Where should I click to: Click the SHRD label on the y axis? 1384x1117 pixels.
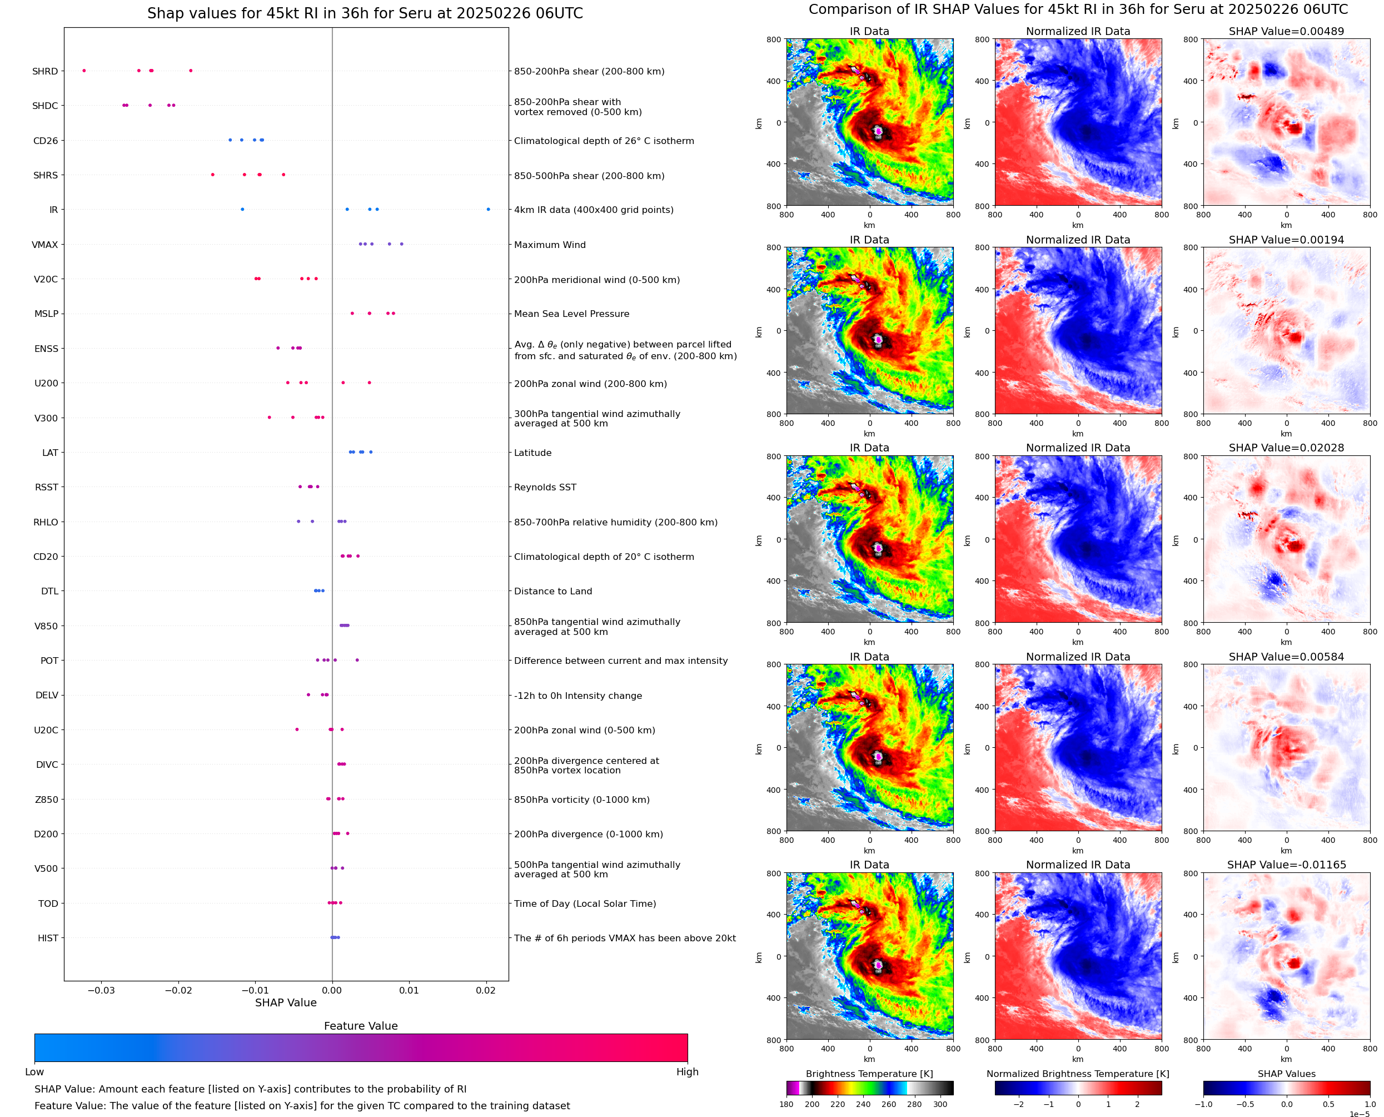45,71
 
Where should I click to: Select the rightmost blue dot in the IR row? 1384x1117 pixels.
488,209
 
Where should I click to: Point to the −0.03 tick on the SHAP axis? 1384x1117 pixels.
101,990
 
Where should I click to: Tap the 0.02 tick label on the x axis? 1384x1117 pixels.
486,990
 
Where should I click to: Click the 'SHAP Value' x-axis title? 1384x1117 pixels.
286,1002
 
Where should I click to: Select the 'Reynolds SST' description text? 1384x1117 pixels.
545,487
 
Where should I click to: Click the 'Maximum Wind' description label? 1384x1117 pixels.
549,245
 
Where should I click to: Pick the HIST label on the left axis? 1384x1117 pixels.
48,938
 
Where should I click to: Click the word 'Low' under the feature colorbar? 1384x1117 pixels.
34,1072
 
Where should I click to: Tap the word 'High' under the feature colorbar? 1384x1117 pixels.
687,1072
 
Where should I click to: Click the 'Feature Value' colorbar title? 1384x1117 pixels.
360,1026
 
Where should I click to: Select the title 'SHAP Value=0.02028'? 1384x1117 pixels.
1286,448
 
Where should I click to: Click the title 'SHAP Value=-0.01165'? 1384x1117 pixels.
1286,865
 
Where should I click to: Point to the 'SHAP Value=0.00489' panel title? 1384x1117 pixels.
1286,31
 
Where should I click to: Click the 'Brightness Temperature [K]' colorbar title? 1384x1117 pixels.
869,1074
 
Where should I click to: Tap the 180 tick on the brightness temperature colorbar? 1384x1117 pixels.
786,1104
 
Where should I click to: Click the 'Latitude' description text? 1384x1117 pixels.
532,453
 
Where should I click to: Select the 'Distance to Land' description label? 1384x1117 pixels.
552,592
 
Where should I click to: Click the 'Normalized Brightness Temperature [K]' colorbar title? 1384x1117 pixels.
1078,1074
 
